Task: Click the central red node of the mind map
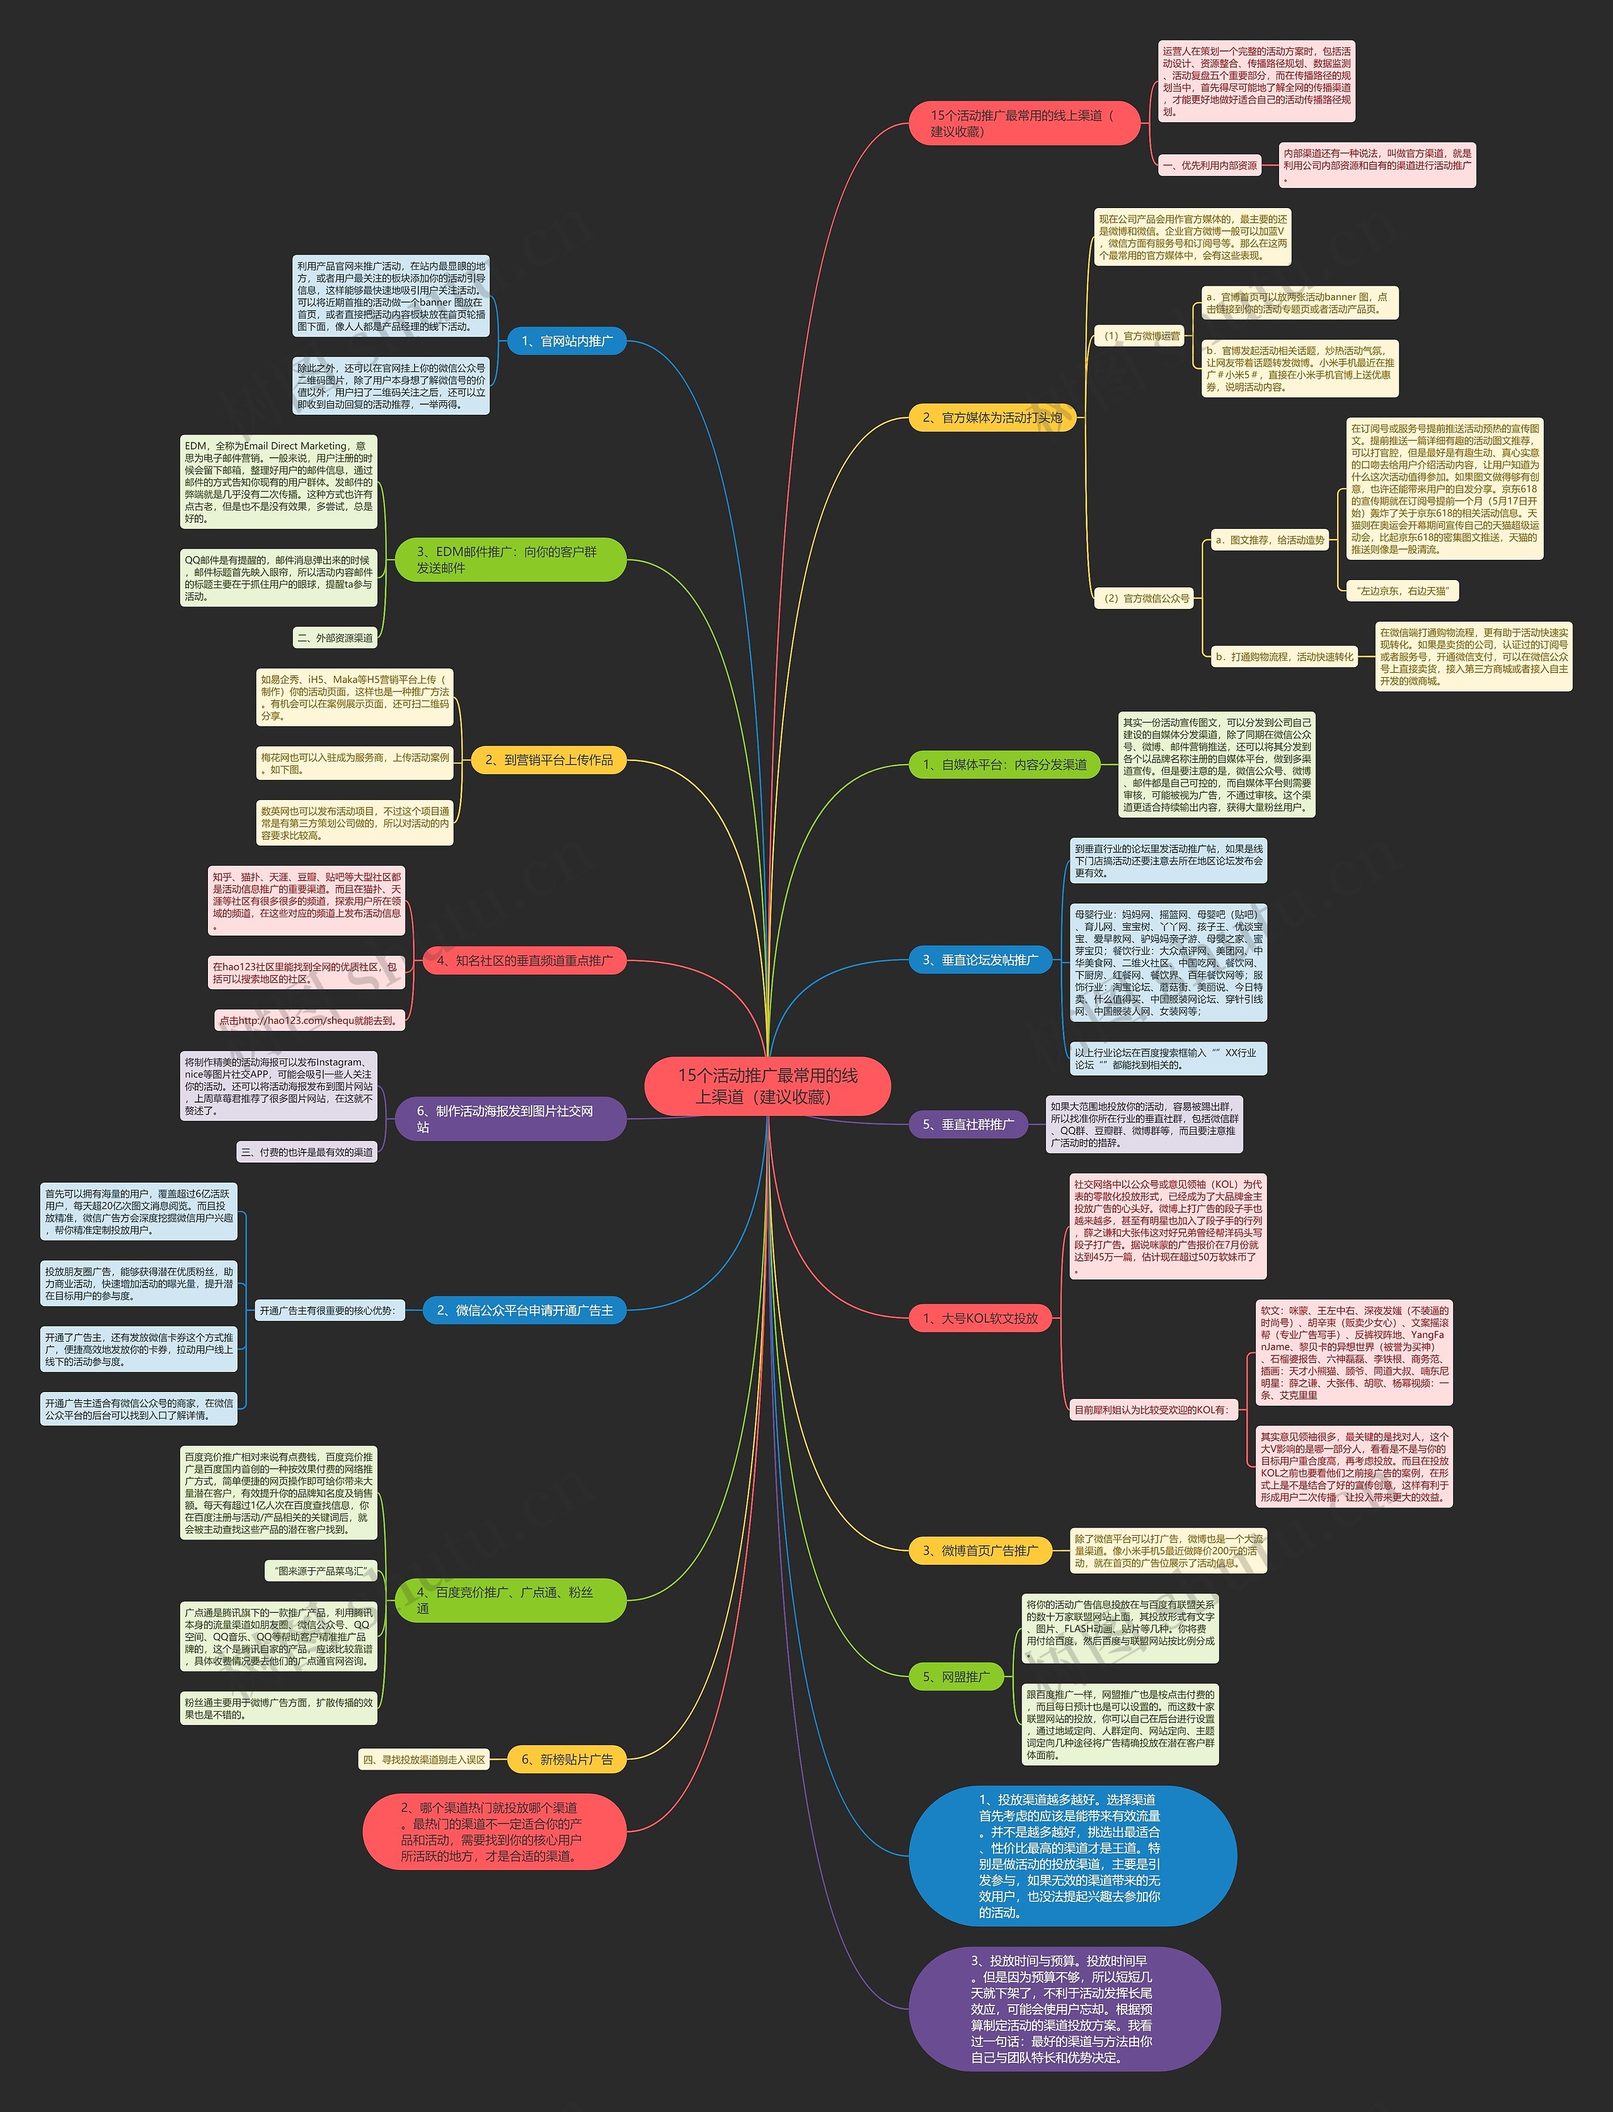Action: [x=767, y=1086]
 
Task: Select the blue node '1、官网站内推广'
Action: [x=566, y=341]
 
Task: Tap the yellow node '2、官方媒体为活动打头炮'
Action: [x=992, y=418]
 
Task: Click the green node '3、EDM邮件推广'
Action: [x=510, y=560]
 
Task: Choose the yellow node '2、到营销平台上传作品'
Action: [x=548, y=760]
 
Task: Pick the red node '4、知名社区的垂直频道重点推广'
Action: [x=524, y=960]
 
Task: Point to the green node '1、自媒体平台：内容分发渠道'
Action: [x=1004, y=765]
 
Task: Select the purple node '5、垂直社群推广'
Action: [x=968, y=1125]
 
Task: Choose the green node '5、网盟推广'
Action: [x=955, y=1677]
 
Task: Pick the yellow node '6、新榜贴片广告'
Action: [x=566, y=1760]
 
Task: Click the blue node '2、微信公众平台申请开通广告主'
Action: [x=524, y=1310]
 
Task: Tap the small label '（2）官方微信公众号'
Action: [x=1144, y=598]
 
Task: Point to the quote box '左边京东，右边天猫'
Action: [x=1403, y=591]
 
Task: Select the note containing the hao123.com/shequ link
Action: [x=309, y=1020]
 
